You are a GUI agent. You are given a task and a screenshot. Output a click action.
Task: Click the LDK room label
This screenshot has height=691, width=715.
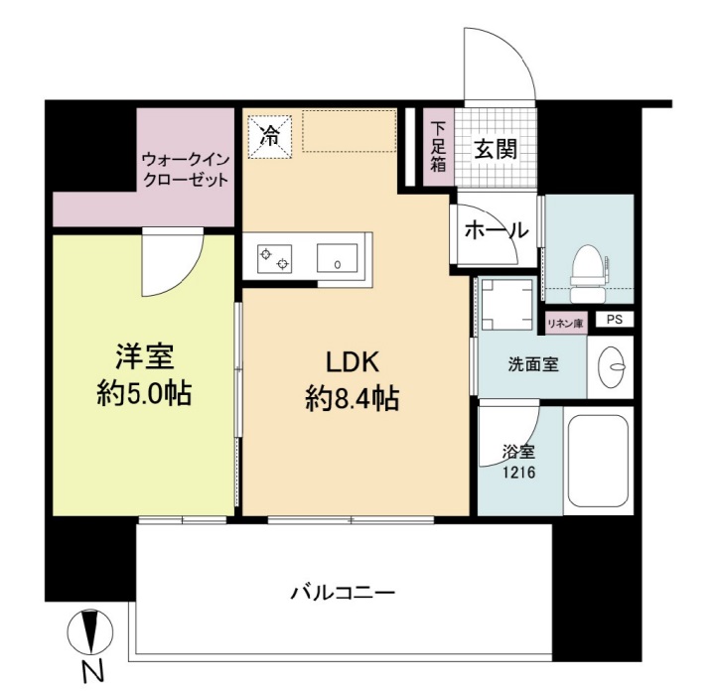(x=353, y=360)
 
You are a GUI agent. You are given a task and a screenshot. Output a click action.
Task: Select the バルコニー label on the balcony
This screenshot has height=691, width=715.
(x=344, y=594)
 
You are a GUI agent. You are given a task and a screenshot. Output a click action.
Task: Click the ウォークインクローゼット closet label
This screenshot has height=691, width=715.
(x=185, y=169)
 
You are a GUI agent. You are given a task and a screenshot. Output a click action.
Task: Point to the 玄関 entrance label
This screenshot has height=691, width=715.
(x=494, y=150)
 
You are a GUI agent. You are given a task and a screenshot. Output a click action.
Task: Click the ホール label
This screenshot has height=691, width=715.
(x=495, y=230)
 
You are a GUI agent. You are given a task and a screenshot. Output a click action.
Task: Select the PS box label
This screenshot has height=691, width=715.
(x=616, y=320)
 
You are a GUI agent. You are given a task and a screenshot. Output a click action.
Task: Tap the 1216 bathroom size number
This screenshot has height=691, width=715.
(x=519, y=473)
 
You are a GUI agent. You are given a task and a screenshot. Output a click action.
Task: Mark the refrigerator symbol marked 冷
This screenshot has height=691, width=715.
(x=269, y=136)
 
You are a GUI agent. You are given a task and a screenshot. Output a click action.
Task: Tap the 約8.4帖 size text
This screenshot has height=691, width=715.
(x=353, y=399)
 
